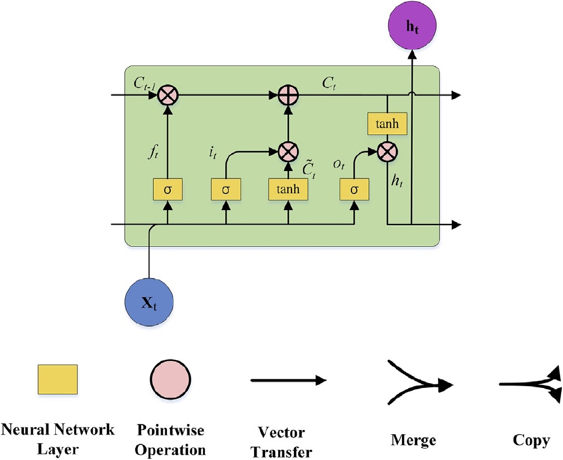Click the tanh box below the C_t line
click(x=388, y=124)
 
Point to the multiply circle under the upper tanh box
click(x=388, y=151)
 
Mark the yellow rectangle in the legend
click(x=57, y=380)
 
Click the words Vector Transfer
click(x=281, y=442)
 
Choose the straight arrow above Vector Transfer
click(x=288, y=381)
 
